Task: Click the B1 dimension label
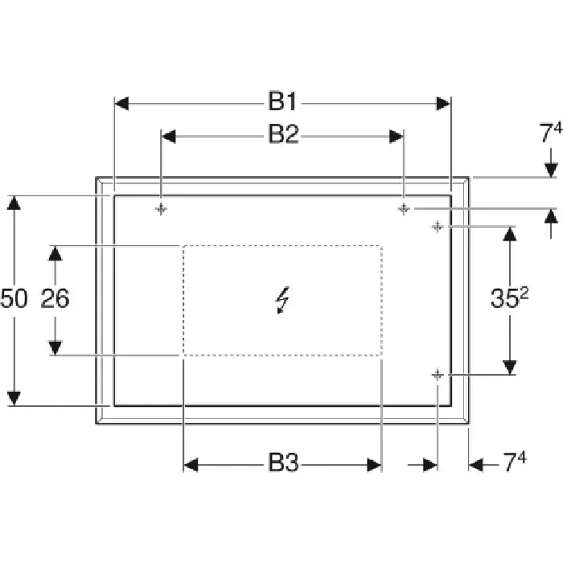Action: [x=283, y=101]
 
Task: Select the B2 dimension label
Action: [x=284, y=134]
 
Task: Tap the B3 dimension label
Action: [x=284, y=462]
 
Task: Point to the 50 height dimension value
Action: [x=14, y=298]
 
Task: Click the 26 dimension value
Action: [x=55, y=298]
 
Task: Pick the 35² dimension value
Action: [x=509, y=298]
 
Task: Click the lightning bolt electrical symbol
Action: [x=283, y=300]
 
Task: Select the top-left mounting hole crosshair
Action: [x=161, y=208]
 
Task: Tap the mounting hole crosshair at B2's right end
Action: [x=404, y=208]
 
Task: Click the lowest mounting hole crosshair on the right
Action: [x=438, y=376]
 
